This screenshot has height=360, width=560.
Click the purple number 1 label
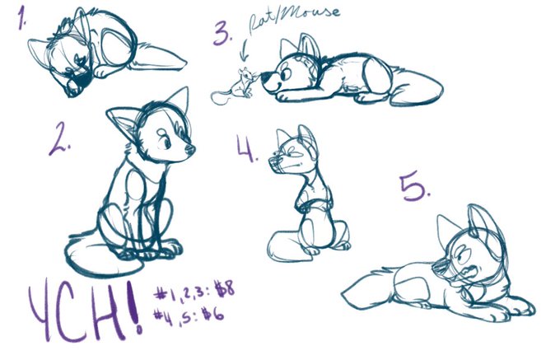pyautogui.click(x=21, y=19)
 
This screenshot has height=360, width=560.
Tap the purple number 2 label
pyautogui.click(x=59, y=138)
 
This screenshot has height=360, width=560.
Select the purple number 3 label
pyautogui.click(x=223, y=33)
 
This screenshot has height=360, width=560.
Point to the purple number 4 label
pyautogui.click(x=246, y=147)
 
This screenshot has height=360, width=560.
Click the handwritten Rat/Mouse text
pyautogui.click(x=294, y=19)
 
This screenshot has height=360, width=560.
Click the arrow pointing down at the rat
pyautogui.click(x=245, y=51)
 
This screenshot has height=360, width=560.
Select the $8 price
pyautogui.click(x=224, y=289)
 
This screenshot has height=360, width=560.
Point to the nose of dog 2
pyautogui.click(x=190, y=149)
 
